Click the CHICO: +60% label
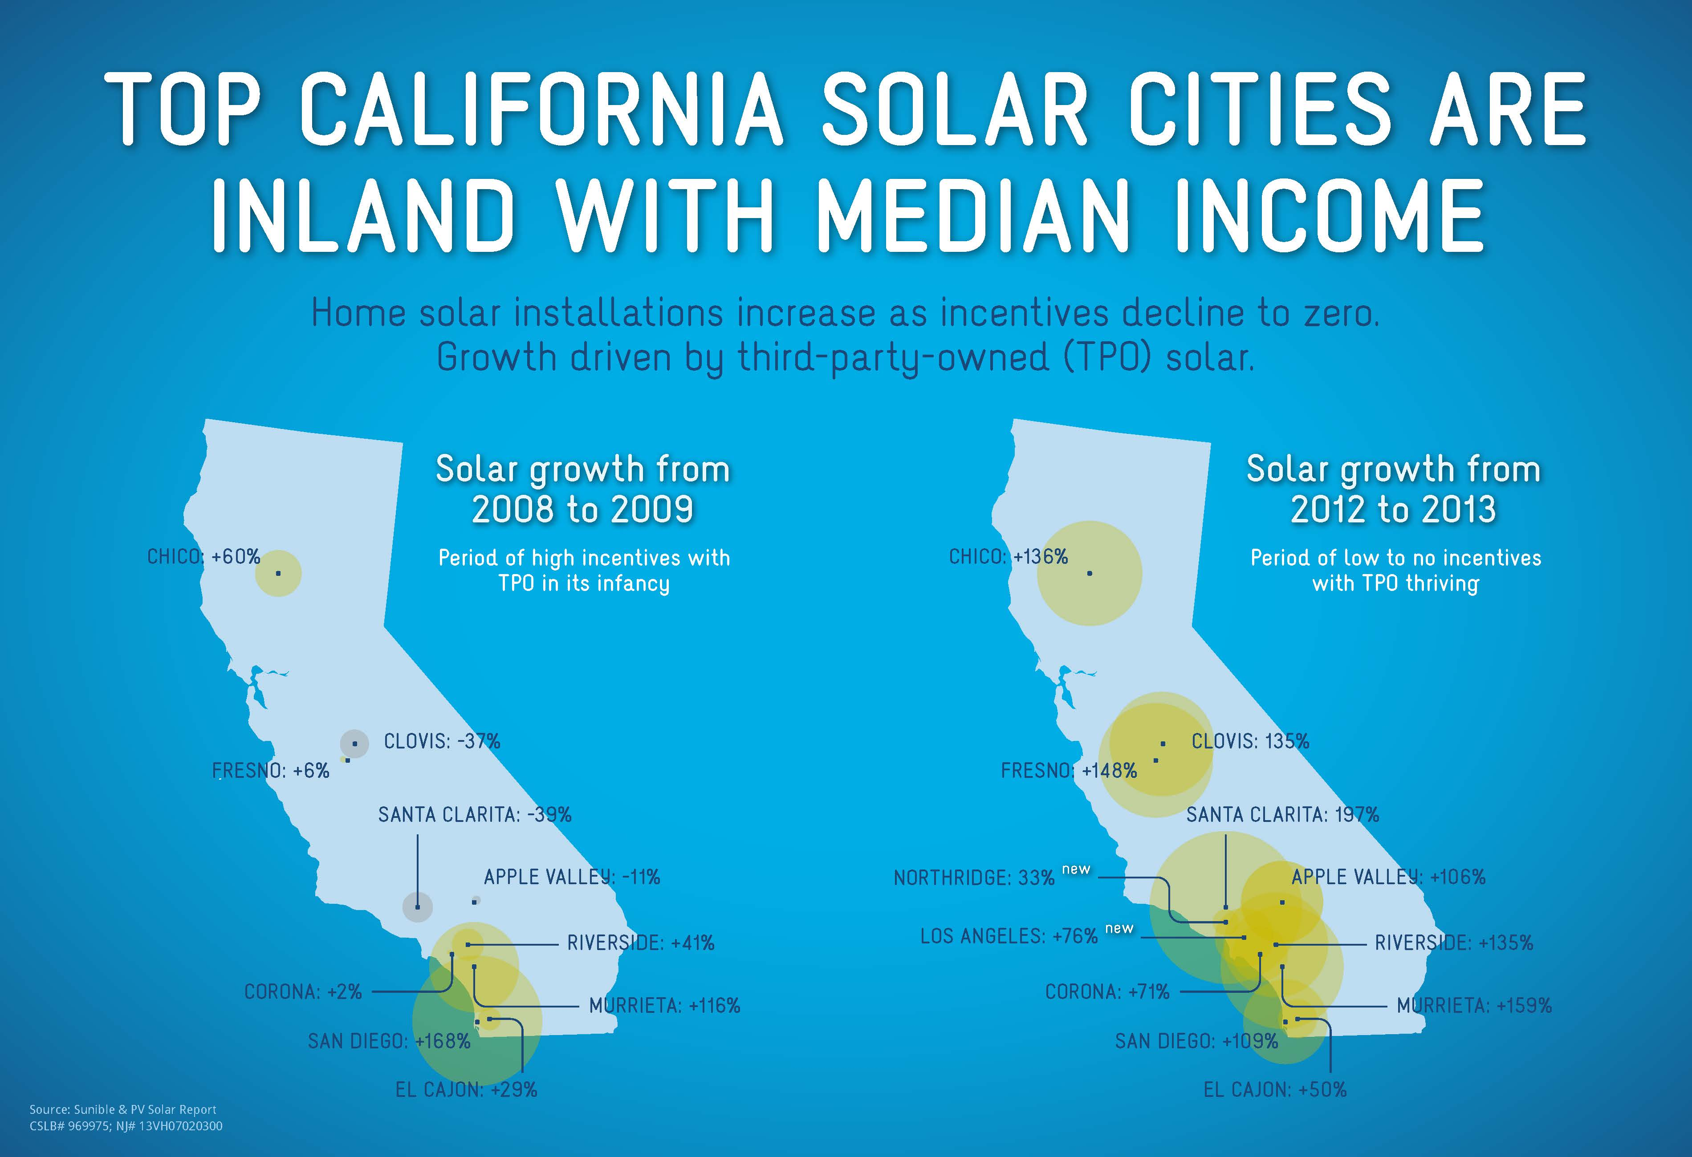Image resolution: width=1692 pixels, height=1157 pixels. click(x=204, y=557)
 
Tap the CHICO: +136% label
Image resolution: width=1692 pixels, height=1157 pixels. click(x=1009, y=557)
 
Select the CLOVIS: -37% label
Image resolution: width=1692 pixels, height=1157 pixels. click(x=442, y=741)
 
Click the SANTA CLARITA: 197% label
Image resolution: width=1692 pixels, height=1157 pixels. click(x=1283, y=814)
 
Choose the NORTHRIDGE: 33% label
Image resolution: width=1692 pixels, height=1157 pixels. click(x=974, y=878)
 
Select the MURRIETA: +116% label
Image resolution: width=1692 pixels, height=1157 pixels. click(x=665, y=1006)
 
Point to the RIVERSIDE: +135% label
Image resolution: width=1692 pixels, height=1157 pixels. click(x=1454, y=943)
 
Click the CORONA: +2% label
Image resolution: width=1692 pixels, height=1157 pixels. click(x=303, y=992)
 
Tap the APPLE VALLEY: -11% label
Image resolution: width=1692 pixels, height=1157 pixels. click(x=572, y=877)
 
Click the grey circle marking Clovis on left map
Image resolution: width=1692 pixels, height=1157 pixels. click(x=354, y=744)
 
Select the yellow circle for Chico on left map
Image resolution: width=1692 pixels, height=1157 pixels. click(x=278, y=574)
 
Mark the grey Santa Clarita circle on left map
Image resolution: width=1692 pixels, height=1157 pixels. click(x=417, y=906)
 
